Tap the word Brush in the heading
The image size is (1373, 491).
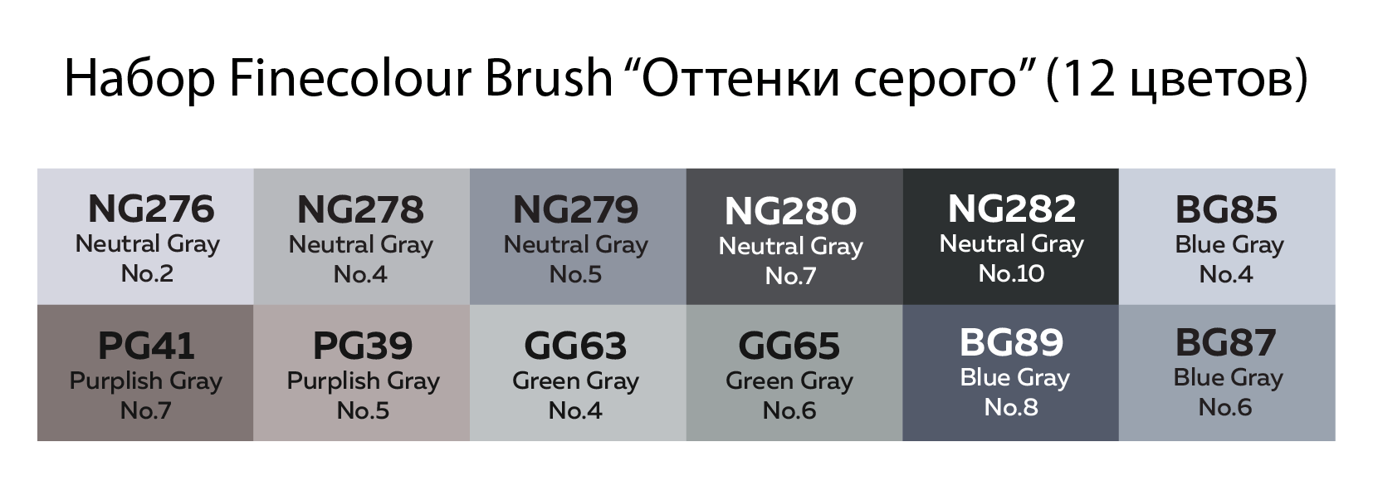pos(549,78)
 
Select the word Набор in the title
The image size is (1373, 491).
pos(139,78)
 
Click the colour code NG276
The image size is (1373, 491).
pos(151,209)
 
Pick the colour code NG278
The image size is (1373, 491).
pos(360,209)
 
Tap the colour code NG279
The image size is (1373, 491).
pos(575,209)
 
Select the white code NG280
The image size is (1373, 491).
pos(790,211)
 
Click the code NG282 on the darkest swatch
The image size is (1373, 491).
pos(1011,209)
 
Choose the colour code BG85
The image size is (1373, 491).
pos(1226,209)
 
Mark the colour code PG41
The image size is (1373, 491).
pos(146,346)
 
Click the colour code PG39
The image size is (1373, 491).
pos(362,346)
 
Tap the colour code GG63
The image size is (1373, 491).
pos(575,346)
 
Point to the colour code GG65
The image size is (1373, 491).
pos(789,346)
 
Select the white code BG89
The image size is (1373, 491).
pos(1011,342)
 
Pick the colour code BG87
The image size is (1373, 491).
pos(1226,342)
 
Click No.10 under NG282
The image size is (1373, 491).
pos(1011,273)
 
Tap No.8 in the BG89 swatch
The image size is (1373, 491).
pos(1011,407)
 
